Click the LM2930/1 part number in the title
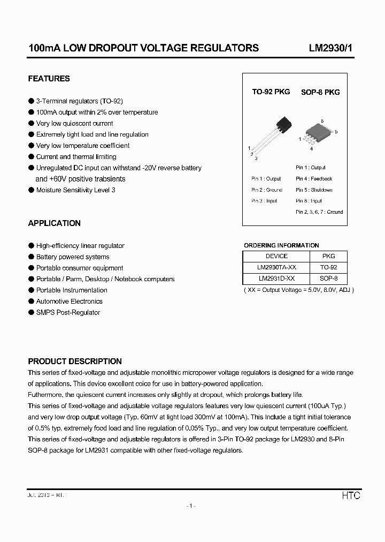(x=330, y=48)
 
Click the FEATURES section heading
(x=49, y=79)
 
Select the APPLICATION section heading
(x=54, y=223)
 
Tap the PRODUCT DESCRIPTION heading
(x=75, y=362)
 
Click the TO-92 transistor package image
(x=273, y=134)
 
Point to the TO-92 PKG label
(x=271, y=92)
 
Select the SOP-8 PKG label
(x=320, y=92)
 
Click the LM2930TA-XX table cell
(x=276, y=267)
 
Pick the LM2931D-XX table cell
(x=276, y=278)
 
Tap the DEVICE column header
(x=276, y=256)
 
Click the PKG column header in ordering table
(x=329, y=256)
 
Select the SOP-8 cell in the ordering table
(x=329, y=278)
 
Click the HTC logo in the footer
(x=351, y=496)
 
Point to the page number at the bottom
(x=192, y=506)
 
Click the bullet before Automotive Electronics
(x=31, y=302)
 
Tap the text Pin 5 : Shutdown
(x=314, y=190)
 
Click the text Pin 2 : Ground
(x=267, y=190)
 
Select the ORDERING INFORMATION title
(x=281, y=245)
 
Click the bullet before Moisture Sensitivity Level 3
(x=31, y=190)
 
